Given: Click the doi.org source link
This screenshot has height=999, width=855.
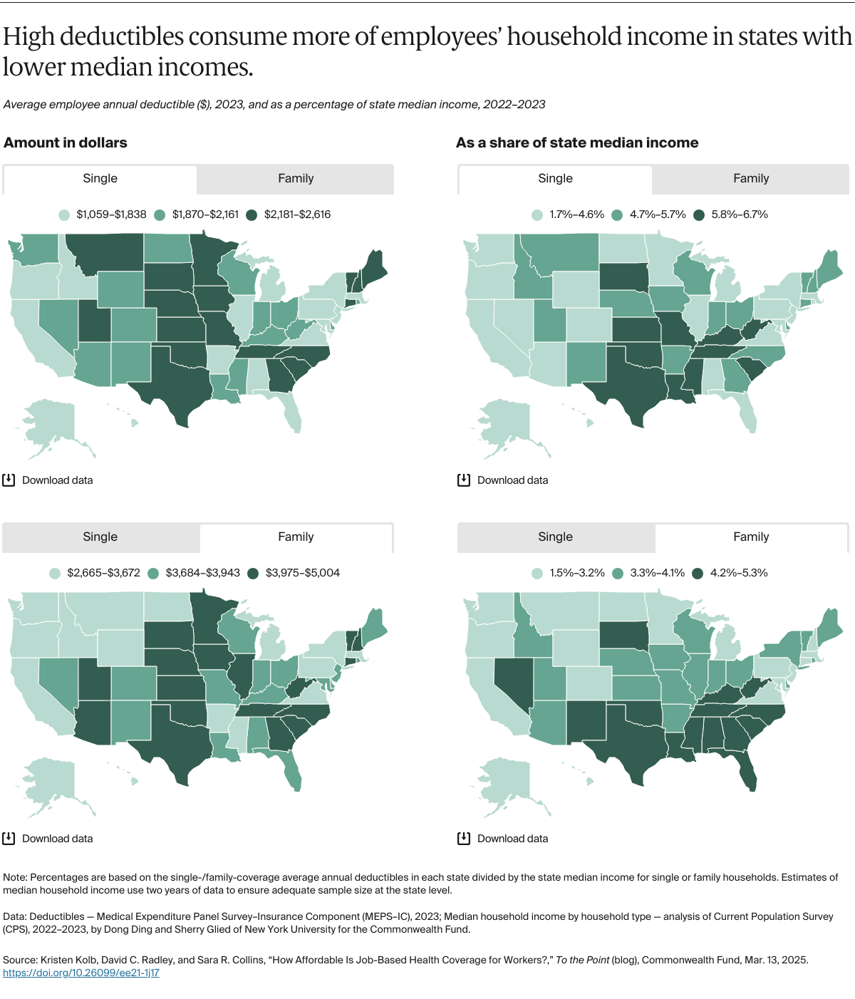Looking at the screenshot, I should pyautogui.click(x=81, y=973).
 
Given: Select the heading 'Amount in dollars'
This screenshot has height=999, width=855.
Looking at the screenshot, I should pyautogui.click(x=66, y=143).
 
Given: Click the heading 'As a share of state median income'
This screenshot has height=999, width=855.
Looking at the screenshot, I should pyautogui.click(x=577, y=143).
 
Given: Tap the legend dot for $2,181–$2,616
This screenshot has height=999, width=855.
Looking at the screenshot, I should pyautogui.click(x=252, y=214).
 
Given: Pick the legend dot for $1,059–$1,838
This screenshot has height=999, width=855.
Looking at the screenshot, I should pyautogui.click(x=64, y=214).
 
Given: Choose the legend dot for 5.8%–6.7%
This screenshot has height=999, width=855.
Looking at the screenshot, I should pyautogui.click(x=699, y=214).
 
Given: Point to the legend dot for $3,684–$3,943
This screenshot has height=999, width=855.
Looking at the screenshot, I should pyautogui.click(x=153, y=573).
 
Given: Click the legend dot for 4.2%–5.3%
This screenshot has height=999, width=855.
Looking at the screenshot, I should pyautogui.click(x=698, y=573).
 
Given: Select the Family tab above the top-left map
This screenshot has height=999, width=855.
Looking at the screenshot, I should pyautogui.click(x=296, y=179).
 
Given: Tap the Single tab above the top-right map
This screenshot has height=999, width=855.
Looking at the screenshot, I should pyautogui.click(x=555, y=179).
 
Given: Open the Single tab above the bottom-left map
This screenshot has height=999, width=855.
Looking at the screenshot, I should pyautogui.click(x=100, y=537).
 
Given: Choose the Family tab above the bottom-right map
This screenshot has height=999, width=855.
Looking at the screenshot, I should pyautogui.click(x=751, y=537).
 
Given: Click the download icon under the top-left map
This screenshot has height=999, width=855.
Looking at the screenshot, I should pyautogui.click(x=9, y=480).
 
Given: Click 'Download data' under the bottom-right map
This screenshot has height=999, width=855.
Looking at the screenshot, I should pyautogui.click(x=512, y=839).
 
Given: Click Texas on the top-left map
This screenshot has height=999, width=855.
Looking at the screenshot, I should pyautogui.click(x=171, y=385).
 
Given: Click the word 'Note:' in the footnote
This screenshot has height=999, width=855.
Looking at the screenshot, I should pyautogui.click(x=15, y=877).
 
